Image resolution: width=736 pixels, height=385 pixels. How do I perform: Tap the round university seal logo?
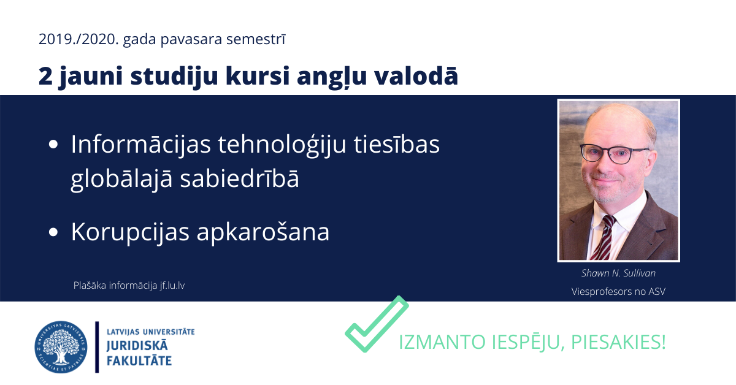61,347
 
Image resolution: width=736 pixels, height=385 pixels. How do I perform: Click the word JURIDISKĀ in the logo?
137,346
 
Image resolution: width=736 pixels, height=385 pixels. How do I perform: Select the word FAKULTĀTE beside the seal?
139,361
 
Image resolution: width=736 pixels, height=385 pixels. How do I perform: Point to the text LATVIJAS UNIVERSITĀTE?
151,332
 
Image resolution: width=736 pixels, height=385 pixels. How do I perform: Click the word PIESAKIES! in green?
618,341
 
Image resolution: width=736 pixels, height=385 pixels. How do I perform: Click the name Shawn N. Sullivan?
618,273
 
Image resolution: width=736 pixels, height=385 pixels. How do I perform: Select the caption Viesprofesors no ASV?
618,291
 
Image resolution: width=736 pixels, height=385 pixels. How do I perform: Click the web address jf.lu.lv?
172,286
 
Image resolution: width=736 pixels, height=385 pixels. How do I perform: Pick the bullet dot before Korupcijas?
53,232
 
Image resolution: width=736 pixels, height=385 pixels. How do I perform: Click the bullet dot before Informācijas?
53,144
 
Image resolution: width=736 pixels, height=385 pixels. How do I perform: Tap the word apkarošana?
263,232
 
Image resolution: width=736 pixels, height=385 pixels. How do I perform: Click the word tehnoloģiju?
282,145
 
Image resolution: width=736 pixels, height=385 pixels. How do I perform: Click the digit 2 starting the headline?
45,76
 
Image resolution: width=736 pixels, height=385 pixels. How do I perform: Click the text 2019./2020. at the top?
79,39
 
